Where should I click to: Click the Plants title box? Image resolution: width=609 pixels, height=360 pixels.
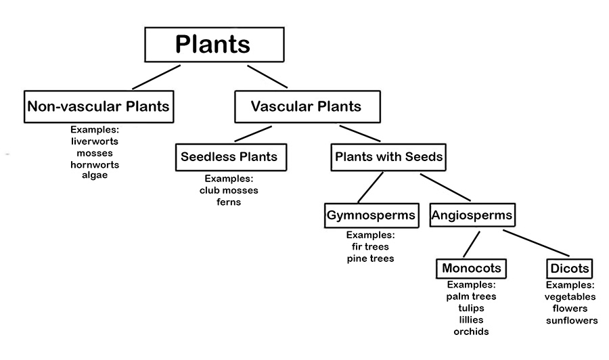point(213,45)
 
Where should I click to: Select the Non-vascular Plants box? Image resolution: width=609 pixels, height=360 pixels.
point(98,106)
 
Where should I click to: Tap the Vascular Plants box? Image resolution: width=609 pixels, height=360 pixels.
point(307,106)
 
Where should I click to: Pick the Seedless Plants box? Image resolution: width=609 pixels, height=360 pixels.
point(229,157)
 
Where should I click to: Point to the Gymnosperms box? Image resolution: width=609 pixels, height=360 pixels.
point(371,215)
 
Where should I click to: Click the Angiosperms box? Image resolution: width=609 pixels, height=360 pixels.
point(471,215)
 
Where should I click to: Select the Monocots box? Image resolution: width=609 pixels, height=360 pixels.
point(472,268)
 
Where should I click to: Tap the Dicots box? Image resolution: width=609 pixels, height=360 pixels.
point(570,268)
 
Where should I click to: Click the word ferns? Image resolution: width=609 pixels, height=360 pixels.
point(229,202)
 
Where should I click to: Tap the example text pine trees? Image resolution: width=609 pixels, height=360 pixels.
point(370,258)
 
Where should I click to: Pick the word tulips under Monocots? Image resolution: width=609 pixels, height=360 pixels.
point(472,308)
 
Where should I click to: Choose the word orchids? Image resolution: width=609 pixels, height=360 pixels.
point(472,331)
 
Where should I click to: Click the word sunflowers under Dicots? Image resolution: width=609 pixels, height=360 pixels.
point(572,320)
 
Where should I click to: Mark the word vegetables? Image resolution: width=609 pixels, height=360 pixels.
point(570,297)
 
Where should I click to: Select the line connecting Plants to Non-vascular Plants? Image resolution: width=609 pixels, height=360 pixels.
point(156,77)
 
